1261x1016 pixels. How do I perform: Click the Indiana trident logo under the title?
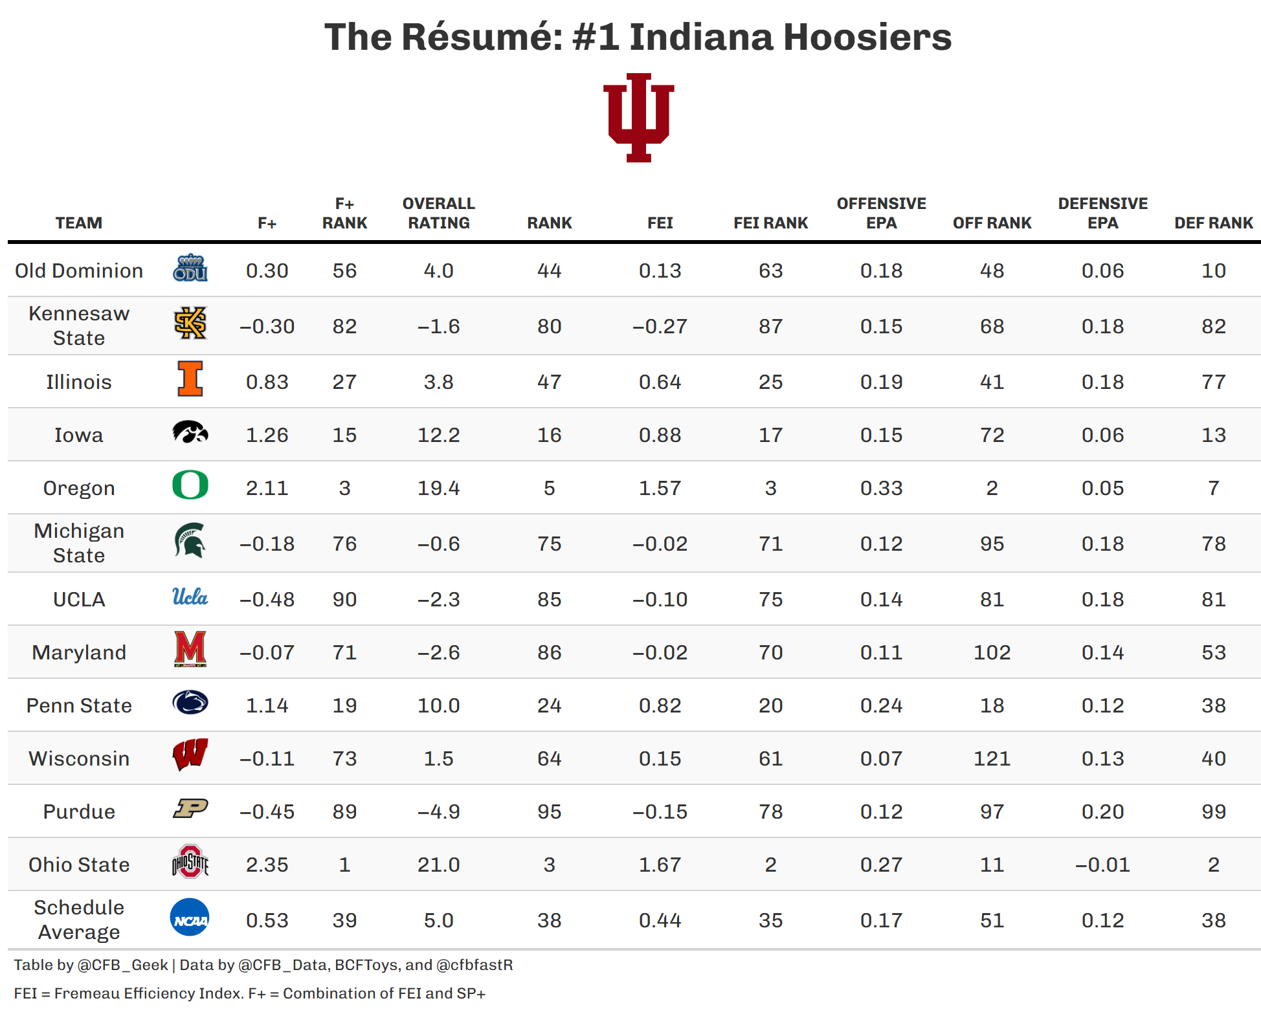[x=638, y=117]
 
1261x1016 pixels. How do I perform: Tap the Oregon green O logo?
[x=190, y=485]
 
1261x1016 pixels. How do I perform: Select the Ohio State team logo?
[x=190, y=862]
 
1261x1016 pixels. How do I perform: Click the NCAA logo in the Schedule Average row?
[x=190, y=918]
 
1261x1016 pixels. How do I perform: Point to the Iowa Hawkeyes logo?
[x=190, y=432]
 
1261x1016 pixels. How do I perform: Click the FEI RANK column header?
[x=770, y=223]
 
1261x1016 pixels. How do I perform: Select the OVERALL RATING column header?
[x=438, y=213]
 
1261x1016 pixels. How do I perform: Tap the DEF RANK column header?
[x=1213, y=223]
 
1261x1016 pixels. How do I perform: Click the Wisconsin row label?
[x=79, y=758]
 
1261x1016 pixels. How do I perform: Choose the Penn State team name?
[x=79, y=705]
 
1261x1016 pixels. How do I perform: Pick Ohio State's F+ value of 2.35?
[x=267, y=865]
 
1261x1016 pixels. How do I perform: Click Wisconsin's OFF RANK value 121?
[x=992, y=758]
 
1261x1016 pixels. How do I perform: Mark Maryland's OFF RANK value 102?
[x=992, y=652]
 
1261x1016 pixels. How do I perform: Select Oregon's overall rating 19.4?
[x=438, y=488]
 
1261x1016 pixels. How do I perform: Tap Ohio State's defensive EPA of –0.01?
[x=1102, y=865]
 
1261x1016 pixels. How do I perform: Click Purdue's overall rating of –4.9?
[x=438, y=812]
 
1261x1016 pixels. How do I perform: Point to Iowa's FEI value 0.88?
[x=660, y=435]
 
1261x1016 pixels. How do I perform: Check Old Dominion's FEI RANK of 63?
[x=770, y=271]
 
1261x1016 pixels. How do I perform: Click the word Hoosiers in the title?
[x=867, y=37]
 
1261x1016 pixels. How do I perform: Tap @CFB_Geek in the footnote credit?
[x=122, y=965]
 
